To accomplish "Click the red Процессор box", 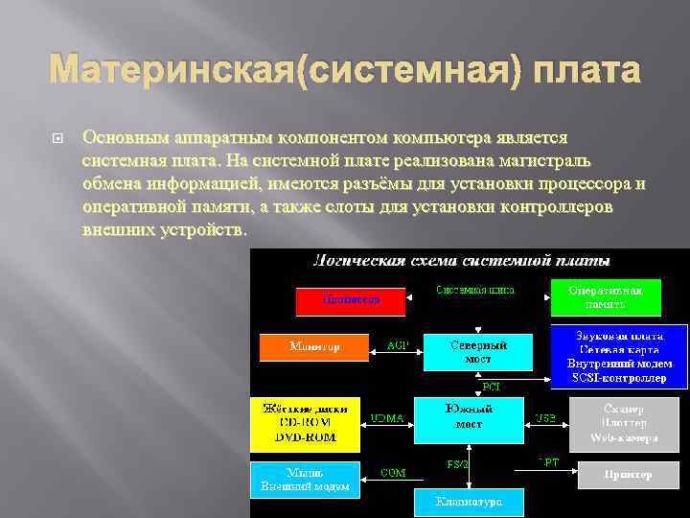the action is point(351,300).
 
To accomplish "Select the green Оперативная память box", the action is point(605,297).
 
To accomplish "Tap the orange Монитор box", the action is point(314,346).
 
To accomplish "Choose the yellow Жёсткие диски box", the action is point(305,423).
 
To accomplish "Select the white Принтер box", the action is point(628,475).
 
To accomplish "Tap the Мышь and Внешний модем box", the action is point(305,480).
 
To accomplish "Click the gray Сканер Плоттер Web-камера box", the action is point(628,423).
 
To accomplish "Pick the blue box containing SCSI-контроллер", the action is point(619,356).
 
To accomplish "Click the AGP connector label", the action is point(397,345).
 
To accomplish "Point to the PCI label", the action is point(490,387).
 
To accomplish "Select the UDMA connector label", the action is point(388,417).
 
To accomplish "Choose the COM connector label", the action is point(393,472).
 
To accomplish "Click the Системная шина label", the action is point(475,289).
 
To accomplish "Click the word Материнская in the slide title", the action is point(172,70).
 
